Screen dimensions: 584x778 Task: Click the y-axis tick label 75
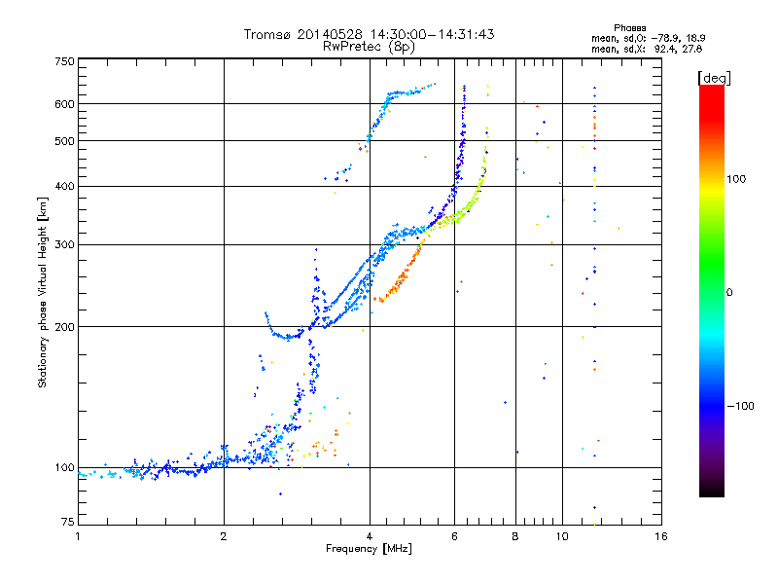pos(68,523)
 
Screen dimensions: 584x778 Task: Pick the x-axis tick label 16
pos(660,535)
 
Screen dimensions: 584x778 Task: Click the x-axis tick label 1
pos(78,535)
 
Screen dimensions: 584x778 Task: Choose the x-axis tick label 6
pos(454,535)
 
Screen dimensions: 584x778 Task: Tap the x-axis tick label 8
pos(515,535)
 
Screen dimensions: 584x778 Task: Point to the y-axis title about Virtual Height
pos(43,292)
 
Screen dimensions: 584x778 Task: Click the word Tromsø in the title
pos(266,34)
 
